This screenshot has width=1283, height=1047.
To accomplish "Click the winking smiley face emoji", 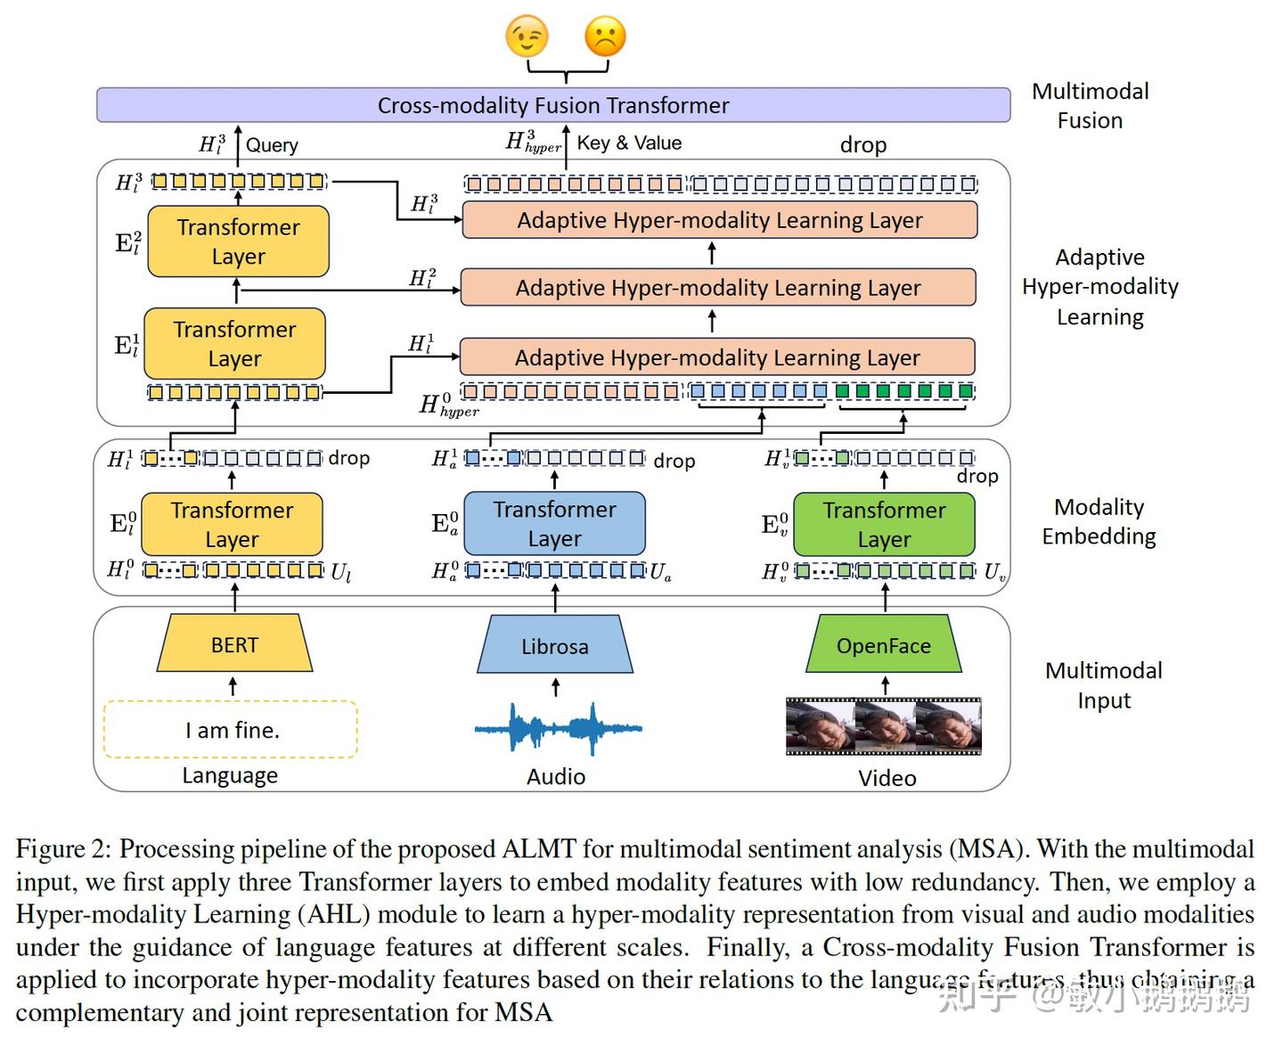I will tap(527, 37).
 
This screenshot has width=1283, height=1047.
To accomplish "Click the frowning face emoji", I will tap(605, 37).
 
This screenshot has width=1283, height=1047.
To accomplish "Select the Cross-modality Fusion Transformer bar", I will tap(552, 105).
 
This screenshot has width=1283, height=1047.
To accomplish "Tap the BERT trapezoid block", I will tap(234, 645).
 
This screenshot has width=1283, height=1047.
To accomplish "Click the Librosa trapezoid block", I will tap(555, 646).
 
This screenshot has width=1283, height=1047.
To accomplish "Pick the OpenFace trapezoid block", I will tap(884, 646).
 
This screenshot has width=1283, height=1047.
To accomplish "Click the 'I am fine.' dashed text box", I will tap(231, 730).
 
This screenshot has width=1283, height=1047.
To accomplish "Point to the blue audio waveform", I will tap(558, 729).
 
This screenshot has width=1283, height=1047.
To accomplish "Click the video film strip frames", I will tap(883, 726).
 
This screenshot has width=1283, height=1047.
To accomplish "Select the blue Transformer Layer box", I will tap(554, 524).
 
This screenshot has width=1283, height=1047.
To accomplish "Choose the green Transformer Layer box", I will tap(884, 525).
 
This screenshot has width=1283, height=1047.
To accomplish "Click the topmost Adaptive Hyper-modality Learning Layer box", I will tap(720, 220).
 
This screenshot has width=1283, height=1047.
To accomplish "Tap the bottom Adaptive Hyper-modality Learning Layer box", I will tap(717, 357).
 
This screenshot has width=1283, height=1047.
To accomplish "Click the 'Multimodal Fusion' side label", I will tap(1090, 106).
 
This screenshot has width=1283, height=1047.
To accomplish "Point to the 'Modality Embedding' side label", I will tap(1099, 521).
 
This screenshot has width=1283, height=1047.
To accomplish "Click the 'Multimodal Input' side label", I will tap(1103, 685).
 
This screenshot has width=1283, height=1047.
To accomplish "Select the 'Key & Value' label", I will tap(629, 143).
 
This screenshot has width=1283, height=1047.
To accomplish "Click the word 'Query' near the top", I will tap(272, 145).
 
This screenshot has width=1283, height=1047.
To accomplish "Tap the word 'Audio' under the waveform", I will tap(556, 777).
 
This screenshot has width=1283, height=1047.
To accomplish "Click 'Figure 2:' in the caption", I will tap(63, 849).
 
